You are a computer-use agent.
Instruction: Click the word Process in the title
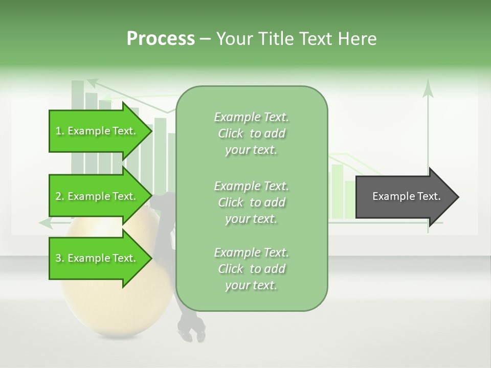(161, 39)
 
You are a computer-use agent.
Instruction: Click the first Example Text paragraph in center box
(251, 133)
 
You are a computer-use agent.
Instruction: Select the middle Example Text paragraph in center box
(251, 202)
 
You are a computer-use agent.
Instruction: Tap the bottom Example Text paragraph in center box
(251, 268)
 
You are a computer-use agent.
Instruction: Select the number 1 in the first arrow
(58, 131)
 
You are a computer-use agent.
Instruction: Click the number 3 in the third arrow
(58, 258)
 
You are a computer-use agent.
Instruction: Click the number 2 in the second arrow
(58, 196)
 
